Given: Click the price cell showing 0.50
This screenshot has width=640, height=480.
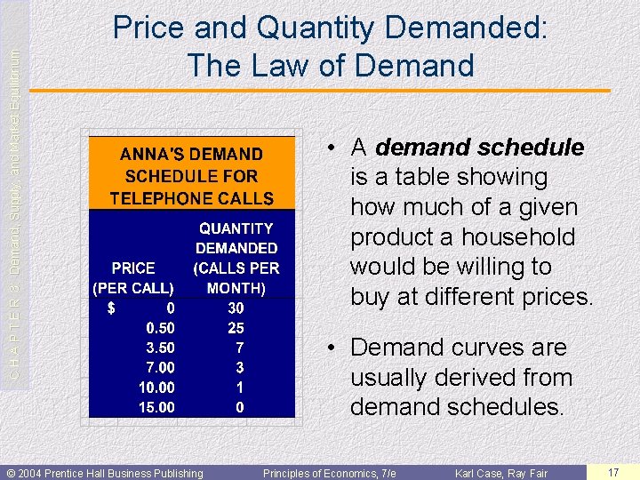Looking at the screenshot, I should (160, 327).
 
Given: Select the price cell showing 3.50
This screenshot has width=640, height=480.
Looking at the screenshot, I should (160, 348).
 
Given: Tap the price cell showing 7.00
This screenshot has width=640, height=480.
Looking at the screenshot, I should (160, 367).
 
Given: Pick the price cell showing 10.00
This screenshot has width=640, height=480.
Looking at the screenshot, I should (156, 388).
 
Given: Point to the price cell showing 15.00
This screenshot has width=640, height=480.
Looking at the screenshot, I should (156, 408).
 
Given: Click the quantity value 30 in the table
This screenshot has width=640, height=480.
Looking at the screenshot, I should (236, 308).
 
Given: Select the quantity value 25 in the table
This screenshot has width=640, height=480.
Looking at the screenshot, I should (236, 327).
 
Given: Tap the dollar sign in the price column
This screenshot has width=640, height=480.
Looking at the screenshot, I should (111, 308).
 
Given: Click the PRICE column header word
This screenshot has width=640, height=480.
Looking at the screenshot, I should (133, 268).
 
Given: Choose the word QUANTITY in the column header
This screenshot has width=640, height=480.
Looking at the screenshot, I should (236, 228).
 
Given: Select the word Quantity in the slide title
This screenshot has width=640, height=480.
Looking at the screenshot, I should (322, 28).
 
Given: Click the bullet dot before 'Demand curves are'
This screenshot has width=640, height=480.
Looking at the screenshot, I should (329, 348).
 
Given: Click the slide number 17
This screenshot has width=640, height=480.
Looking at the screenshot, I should (612, 472).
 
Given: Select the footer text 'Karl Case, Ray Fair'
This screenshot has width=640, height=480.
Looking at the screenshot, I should (501, 473).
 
